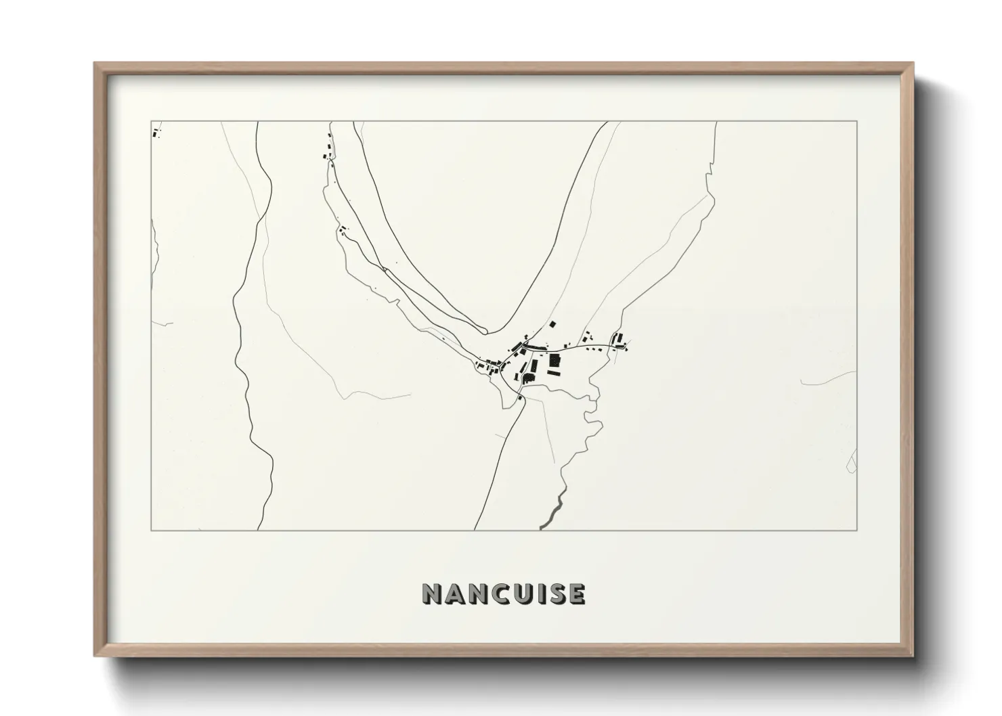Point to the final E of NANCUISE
point(577,594)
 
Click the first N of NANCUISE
point(431,594)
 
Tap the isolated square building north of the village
point(552,326)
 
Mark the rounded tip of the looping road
point(484,330)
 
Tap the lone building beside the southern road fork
point(520,399)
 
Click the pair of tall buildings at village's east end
point(616,338)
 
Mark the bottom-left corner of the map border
point(151,530)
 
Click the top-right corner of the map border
point(856,122)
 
